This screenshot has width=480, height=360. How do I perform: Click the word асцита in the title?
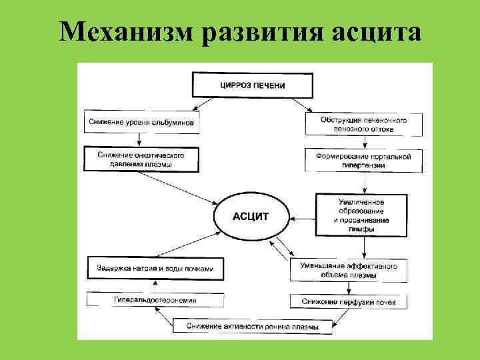[x=376, y=32]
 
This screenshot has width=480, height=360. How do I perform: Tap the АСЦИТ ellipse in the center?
[x=251, y=217]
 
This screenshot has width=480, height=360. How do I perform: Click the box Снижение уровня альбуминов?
[x=143, y=123]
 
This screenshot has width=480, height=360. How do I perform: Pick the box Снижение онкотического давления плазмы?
[x=143, y=159]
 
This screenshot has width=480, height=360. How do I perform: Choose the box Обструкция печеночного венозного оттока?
[x=364, y=123]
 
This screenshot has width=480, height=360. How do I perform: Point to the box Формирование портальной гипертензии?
[x=364, y=159]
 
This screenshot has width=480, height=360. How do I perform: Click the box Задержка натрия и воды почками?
[x=155, y=268]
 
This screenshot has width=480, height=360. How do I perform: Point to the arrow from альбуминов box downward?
[x=139, y=139]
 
